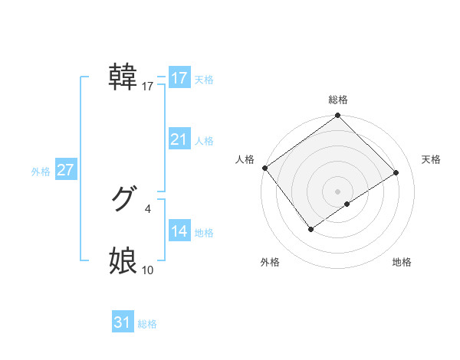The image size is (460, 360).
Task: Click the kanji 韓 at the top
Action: point(123,77)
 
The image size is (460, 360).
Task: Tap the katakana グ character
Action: point(123,199)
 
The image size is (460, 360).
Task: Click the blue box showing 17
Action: point(179,78)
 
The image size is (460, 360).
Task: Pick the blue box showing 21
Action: point(179,139)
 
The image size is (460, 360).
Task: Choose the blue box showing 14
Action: point(179,231)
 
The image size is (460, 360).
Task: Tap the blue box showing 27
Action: point(65,170)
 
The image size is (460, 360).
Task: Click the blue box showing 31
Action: point(123,322)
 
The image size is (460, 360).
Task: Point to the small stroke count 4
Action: point(148,208)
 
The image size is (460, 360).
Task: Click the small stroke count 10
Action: point(148,270)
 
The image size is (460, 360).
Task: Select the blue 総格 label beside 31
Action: point(147,324)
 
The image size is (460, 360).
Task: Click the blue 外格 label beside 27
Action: point(41,172)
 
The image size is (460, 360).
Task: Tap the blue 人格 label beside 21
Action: point(204,141)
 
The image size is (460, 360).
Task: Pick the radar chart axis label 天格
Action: point(431,159)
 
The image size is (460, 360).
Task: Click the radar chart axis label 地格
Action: point(402,263)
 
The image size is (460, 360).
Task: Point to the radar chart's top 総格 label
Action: point(338,100)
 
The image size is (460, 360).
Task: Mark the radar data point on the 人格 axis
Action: point(264,168)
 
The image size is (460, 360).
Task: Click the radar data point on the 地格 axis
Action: point(347,204)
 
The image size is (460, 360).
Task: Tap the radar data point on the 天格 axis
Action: point(396,172)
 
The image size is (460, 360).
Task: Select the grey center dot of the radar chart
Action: point(338,191)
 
